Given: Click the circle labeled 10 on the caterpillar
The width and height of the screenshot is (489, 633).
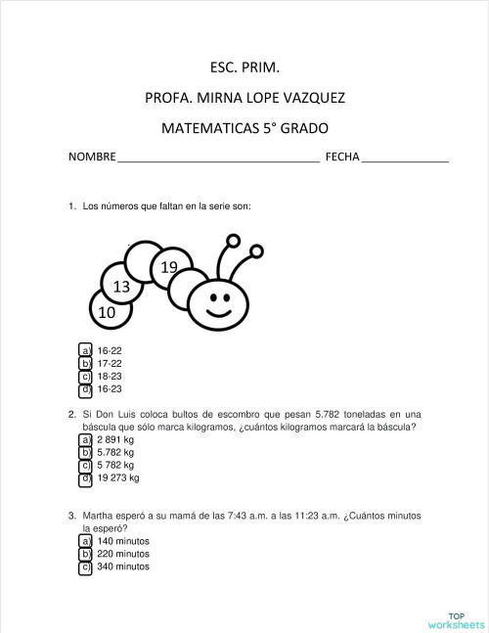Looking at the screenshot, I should pyautogui.click(x=108, y=312).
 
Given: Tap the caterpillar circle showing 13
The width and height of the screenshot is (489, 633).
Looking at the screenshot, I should pyautogui.click(x=122, y=287).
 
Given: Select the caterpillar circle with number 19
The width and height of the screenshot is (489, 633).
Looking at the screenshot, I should pyautogui.click(x=168, y=267).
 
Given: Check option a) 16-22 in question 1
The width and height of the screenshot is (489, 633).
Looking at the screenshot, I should pyautogui.click(x=85, y=350).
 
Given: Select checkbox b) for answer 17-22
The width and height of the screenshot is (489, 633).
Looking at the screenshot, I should pyautogui.click(x=85, y=363).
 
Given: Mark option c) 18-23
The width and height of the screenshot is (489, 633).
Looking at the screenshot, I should pyautogui.click(x=85, y=376).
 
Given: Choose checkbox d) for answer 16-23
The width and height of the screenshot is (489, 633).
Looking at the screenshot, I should pyautogui.click(x=85, y=388).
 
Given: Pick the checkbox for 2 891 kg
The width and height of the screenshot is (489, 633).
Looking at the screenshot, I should pyautogui.click(x=85, y=440).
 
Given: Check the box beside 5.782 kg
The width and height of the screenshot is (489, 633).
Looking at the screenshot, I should pyautogui.click(x=85, y=453).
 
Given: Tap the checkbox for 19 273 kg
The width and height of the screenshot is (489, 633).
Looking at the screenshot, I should pyautogui.click(x=85, y=478).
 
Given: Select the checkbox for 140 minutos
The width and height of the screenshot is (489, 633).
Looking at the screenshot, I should pyautogui.click(x=85, y=541).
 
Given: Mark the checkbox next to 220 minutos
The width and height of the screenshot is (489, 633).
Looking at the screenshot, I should pyautogui.click(x=85, y=554).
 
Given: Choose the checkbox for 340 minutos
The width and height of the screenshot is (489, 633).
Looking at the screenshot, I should pyautogui.click(x=85, y=566).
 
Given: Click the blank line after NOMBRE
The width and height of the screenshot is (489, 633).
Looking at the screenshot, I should pyautogui.click(x=217, y=158).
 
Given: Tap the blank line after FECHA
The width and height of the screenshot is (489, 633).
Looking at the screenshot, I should pyautogui.click(x=405, y=158).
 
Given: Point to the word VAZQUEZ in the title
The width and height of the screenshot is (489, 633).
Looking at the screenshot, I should pyautogui.click(x=310, y=98).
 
